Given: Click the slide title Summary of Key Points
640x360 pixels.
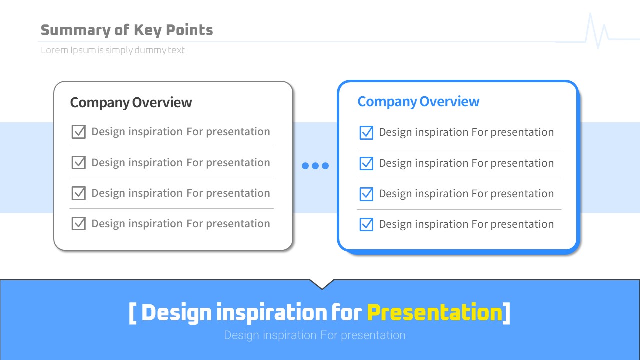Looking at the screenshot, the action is click(x=127, y=30).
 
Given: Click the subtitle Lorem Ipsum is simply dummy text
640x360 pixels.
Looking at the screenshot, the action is click(x=113, y=50).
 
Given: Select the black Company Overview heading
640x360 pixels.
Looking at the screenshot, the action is click(x=131, y=103).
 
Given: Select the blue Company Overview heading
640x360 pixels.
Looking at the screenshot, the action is click(x=418, y=102).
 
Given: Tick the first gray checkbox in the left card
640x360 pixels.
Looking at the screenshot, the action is click(x=79, y=131).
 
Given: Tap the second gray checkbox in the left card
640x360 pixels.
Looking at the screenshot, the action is click(x=79, y=162).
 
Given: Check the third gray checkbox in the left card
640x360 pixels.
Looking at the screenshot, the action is click(x=79, y=193).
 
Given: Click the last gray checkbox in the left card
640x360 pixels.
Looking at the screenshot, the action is click(x=79, y=223).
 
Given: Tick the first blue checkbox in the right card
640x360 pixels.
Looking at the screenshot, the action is click(x=366, y=133).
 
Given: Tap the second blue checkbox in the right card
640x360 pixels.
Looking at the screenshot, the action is click(x=366, y=163).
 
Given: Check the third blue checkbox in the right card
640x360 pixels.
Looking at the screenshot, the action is click(x=366, y=194).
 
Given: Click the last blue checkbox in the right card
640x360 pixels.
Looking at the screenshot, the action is click(x=366, y=224).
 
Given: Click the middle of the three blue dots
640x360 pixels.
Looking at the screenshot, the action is click(x=315, y=166).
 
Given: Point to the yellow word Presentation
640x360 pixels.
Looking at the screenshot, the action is click(x=435, y=313).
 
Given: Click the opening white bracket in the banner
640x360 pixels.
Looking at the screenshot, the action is click(x=132, y=313).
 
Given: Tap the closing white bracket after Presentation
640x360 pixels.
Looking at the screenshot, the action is click(x=506, y=313).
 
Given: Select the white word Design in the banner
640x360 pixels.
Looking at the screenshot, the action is click(x=176, y=313).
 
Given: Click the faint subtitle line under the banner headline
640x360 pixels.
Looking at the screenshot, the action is click(x=315, y=335).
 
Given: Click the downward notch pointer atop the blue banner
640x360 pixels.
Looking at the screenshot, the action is click(x=322, y=285).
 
